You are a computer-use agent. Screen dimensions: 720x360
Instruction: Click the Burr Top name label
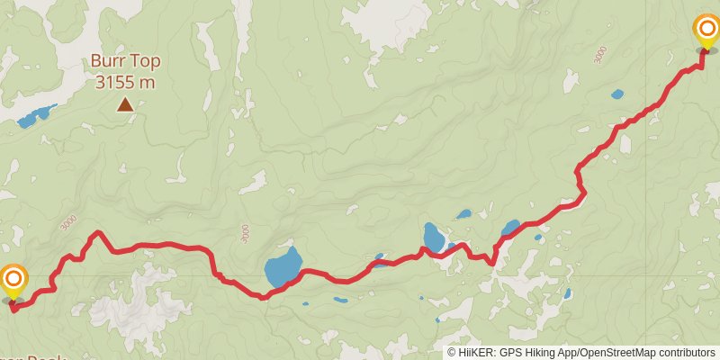(124, 63)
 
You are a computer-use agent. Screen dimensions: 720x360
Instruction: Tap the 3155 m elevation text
(124, 82)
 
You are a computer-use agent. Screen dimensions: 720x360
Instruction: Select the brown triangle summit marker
(125, 104)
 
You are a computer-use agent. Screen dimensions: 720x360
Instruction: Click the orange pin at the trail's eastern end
(706, 31)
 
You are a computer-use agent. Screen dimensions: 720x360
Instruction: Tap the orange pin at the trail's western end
(13, 281)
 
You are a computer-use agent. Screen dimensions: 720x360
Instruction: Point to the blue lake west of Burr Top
(36, 114)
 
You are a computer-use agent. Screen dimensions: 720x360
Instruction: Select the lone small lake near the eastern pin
(616, 94)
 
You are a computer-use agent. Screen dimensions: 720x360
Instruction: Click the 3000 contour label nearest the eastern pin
(599, 54)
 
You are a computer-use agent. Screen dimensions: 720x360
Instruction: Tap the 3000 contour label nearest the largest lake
(245, 233)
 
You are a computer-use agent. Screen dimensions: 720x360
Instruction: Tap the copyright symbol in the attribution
(453, 353)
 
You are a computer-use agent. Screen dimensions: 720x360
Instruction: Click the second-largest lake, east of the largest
(434, 238)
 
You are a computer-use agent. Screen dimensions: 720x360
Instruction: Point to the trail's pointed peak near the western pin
(97, 233)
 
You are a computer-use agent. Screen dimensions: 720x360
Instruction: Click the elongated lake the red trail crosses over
(510, 228)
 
